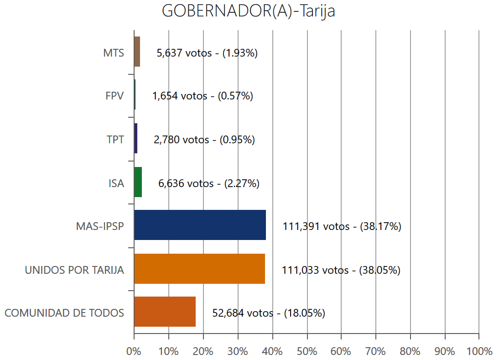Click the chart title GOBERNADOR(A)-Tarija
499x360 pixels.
249,11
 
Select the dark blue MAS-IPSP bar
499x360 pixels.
200,225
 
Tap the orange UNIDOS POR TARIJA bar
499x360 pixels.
199,269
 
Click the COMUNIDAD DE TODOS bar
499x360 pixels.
165,312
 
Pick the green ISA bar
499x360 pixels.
138,182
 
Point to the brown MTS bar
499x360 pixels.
137,52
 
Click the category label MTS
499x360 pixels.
114,52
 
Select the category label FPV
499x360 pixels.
114,96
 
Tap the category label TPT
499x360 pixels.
115,140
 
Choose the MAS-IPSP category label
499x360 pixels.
100,226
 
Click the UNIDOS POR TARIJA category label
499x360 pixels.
74,270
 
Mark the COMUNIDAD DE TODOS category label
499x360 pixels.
64,313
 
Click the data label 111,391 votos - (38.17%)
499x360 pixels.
342,226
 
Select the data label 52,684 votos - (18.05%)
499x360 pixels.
269,313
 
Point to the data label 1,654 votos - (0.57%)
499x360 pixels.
203,96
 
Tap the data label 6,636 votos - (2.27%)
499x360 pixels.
209,183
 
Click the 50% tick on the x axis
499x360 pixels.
307,351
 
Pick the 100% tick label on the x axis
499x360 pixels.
478,351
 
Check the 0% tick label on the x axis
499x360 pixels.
134,351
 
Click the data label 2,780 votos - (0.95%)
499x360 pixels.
204,140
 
